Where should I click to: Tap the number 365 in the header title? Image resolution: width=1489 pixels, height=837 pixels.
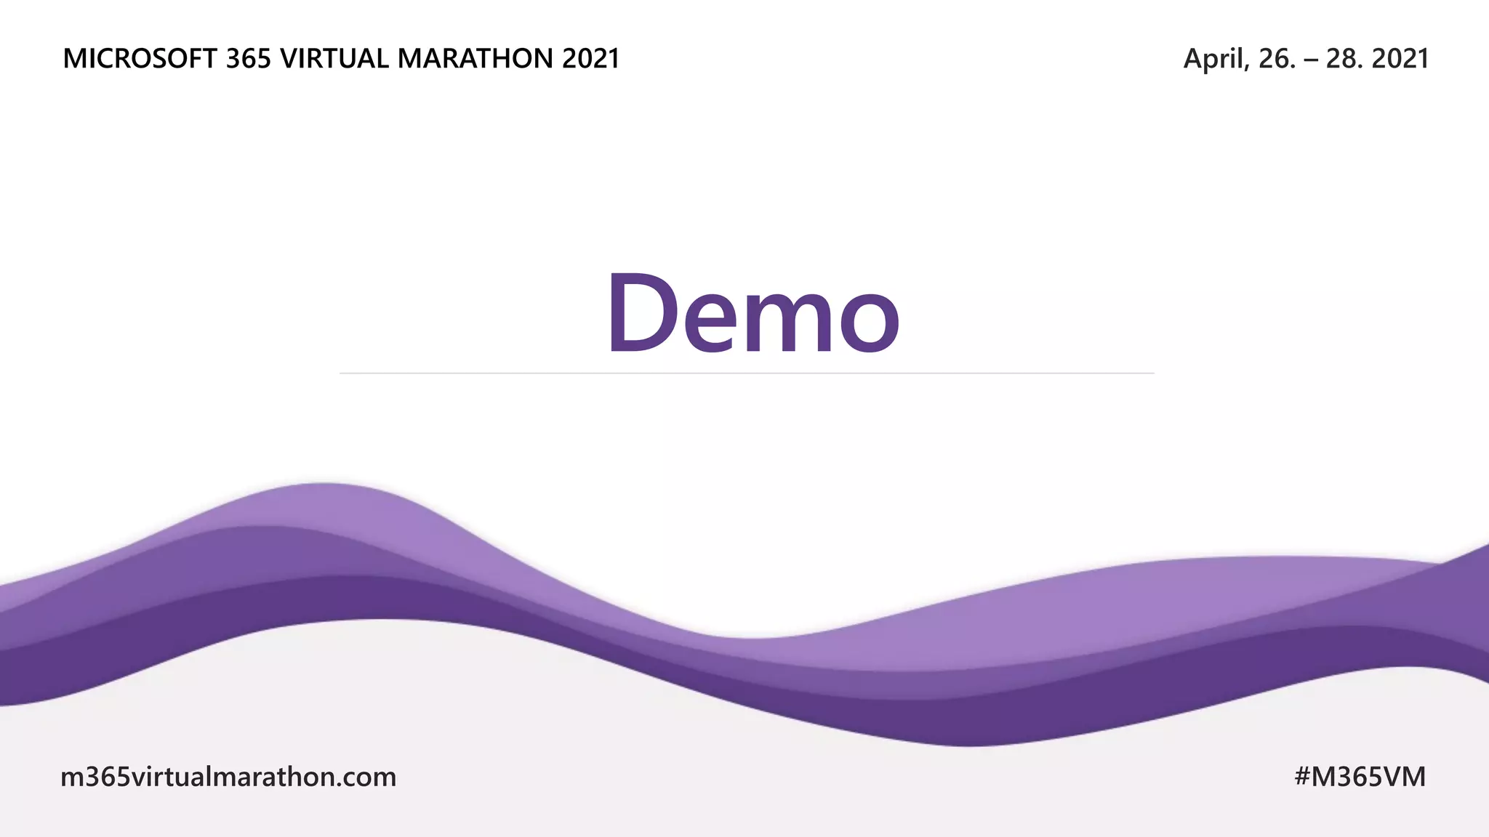point(248,59)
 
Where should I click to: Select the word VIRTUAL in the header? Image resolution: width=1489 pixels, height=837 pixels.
point(334,59)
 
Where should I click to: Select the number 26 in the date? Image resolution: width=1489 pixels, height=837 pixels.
point(1272,59)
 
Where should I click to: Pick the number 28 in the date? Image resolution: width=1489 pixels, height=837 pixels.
point(1341,59)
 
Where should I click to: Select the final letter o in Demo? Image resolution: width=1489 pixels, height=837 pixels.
point(870,323)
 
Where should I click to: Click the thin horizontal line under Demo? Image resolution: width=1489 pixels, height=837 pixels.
point(747,373)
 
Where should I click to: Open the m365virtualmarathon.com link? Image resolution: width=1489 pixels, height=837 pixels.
point(228,777)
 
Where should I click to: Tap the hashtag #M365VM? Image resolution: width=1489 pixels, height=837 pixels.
point(1360,777)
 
